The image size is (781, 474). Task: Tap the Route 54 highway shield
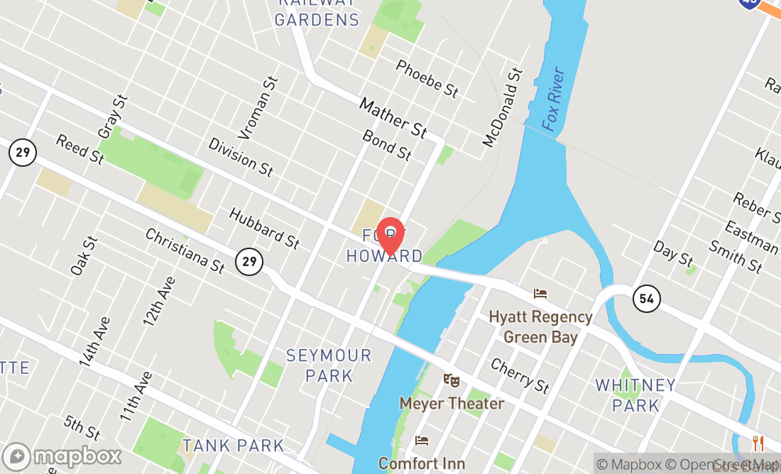(x=646, y=298)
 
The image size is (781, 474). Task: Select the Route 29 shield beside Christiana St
(x=248, y=262)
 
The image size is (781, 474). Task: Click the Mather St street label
(x=393, y=117)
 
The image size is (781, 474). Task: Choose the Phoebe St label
(x=427, y=78)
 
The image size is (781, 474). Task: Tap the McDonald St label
(x=503, y=108)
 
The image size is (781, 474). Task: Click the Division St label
(x=241, y=156)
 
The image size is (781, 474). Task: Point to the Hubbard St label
(x=264, y=228)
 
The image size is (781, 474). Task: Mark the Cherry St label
(x=520, y=375)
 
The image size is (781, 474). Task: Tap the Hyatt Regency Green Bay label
(x=540, y=326)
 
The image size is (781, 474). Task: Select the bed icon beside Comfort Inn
(x=422, y=441)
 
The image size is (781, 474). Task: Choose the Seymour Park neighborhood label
(x=329, y=365)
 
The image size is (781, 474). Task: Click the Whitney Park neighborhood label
(x=635, y=395)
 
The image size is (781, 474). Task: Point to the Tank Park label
(x=233, y=446)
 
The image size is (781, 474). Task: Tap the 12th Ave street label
(x=158, y=301)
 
